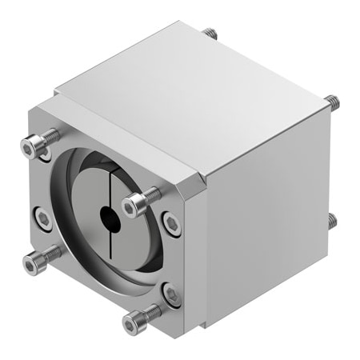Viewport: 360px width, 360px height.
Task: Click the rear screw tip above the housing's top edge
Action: pos(210,34)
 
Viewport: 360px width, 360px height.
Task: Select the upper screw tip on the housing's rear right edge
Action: pos(332,102)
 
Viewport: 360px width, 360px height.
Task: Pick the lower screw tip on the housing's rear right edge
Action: pos(331,218)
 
